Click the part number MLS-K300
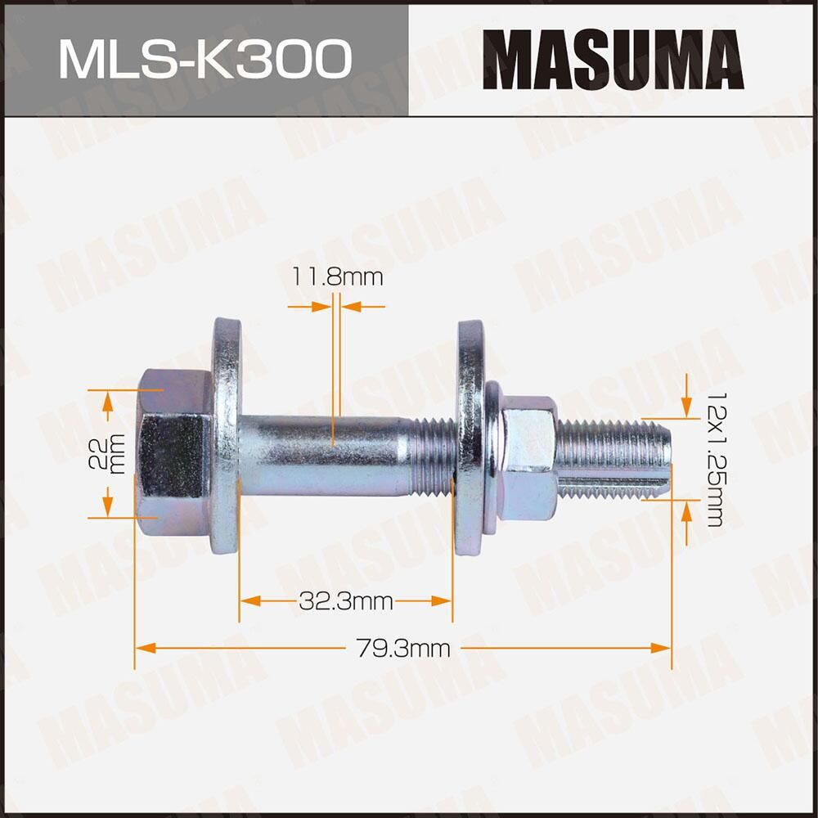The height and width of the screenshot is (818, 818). coord(204,59)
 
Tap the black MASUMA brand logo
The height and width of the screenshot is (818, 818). coord(613,60)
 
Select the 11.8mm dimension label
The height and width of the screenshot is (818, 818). coord(337,276)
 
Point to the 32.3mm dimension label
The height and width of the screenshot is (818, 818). coord(346,603)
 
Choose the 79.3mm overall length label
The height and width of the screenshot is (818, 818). coord(403,649)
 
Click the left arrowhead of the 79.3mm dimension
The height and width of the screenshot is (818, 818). coord(144,648)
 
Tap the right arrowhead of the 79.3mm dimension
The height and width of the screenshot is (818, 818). coord(662,648)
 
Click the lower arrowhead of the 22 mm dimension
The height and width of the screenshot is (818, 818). coord(106,509)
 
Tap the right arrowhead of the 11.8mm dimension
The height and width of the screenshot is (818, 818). coord(351,307)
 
